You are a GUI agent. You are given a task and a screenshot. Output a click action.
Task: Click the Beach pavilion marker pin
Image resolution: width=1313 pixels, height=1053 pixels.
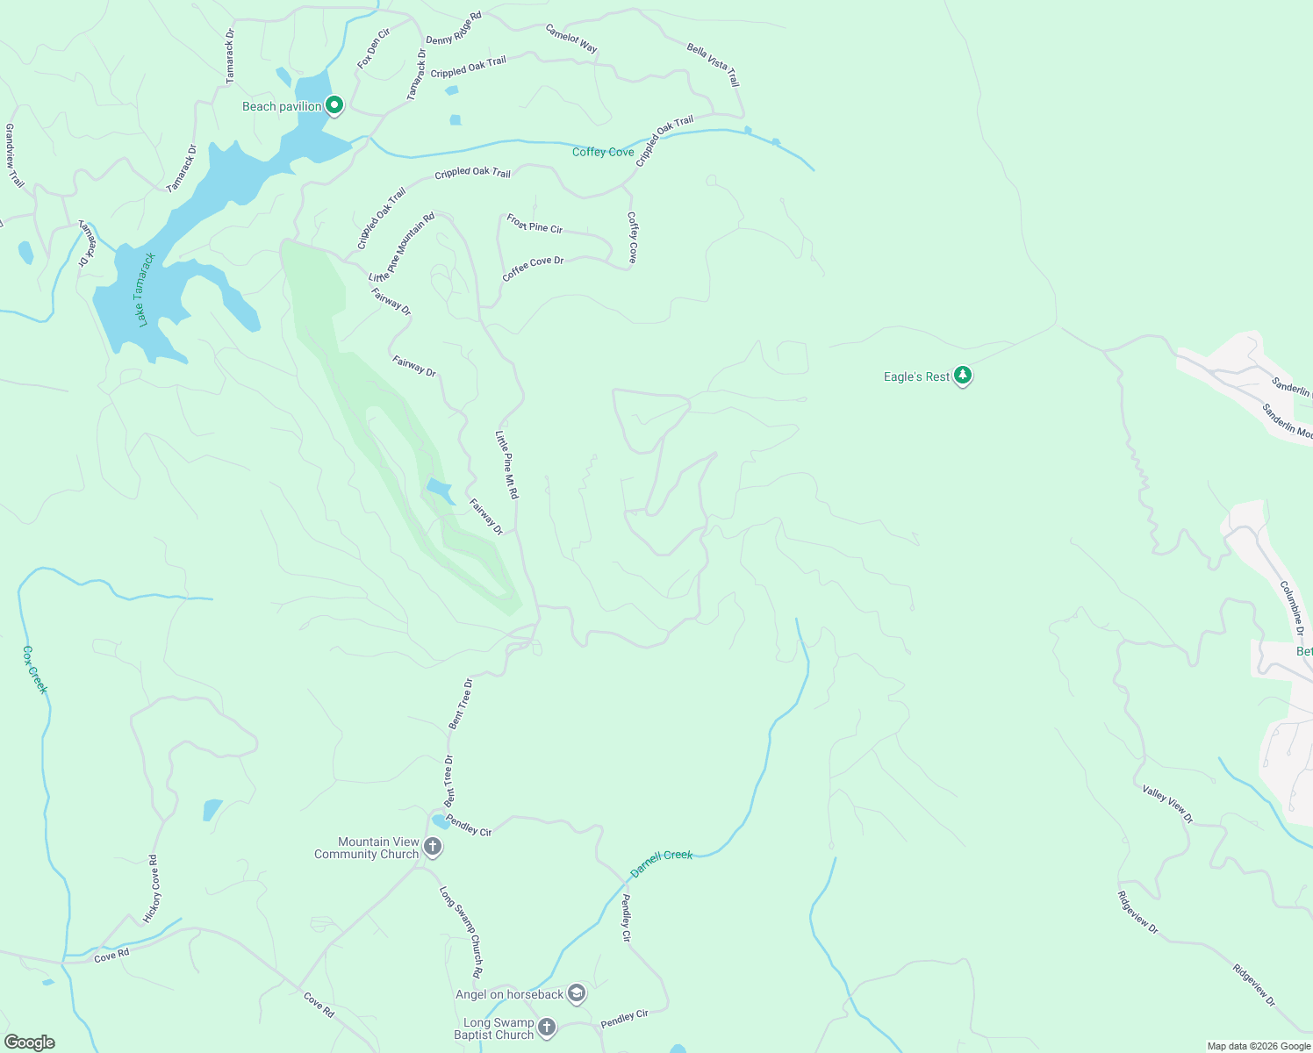(334, 106)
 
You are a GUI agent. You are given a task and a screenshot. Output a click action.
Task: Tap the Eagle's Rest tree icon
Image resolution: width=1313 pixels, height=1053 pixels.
(963, 376)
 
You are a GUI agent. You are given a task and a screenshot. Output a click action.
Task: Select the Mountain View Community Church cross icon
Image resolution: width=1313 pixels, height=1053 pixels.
(432, 847)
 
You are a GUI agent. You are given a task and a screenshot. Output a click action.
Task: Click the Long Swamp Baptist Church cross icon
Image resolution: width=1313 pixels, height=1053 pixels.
(546, 1028)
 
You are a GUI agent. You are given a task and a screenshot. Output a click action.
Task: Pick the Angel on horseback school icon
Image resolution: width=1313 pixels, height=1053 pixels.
(577, 993)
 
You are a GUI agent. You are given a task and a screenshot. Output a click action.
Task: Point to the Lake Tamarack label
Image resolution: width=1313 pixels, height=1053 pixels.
(147, 290)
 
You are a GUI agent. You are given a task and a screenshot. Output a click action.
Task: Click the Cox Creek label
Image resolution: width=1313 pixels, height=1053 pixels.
(35, 670)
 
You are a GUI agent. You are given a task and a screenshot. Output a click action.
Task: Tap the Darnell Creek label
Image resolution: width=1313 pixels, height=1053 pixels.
(662, 863)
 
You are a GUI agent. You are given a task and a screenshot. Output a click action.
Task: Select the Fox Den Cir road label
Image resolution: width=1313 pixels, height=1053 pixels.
(373, 49)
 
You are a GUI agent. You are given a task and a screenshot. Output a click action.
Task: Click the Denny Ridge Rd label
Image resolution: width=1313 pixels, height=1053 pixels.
(454, 29)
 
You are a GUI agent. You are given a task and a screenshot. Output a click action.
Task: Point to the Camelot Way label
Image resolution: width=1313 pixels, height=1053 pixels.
(571, 38)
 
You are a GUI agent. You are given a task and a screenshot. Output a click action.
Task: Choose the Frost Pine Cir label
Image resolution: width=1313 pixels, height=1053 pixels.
(534, 224)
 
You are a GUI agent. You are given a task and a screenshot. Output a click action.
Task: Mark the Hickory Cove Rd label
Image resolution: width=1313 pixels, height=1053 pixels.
(152, 889)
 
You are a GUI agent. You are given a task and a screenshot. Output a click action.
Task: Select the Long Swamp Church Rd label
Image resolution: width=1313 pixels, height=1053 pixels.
(461, 932)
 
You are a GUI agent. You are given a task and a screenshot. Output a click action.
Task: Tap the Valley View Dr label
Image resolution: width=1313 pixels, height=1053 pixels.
(1167, 805)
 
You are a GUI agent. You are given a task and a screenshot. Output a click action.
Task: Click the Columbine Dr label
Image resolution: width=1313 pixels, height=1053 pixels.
(1292, 607)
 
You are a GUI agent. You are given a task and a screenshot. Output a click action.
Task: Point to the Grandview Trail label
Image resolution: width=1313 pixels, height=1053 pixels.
(14, 155)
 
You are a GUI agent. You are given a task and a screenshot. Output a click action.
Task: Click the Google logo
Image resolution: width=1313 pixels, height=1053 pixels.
(30, 1042)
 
